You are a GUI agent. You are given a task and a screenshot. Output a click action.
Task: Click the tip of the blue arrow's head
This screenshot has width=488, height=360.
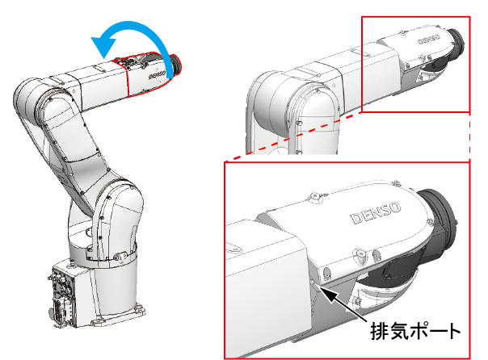pos(103,58)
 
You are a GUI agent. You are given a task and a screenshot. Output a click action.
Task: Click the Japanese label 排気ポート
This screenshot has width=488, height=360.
pos(415,332)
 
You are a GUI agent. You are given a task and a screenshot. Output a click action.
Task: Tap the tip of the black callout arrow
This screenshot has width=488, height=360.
pos(320,287)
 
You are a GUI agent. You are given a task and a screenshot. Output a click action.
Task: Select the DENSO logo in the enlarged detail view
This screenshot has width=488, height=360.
pos(376,212)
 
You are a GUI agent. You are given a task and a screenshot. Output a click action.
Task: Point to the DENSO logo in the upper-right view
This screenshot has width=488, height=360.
pos(429,40)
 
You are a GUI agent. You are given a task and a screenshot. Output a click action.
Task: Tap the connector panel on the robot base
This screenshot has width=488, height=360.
pos(62,295)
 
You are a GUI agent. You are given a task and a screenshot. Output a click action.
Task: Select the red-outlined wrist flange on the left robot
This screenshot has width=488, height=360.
pos(176,65)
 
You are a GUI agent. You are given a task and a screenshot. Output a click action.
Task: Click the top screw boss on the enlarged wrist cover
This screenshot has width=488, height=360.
pos(314,197)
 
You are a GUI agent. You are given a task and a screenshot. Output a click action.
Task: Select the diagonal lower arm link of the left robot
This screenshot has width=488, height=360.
pos(74,146)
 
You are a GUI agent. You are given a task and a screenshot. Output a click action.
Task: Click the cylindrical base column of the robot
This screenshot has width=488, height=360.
pos(114,286)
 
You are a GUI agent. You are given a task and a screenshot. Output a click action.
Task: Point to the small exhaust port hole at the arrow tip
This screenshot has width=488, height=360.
pos(313,282)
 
